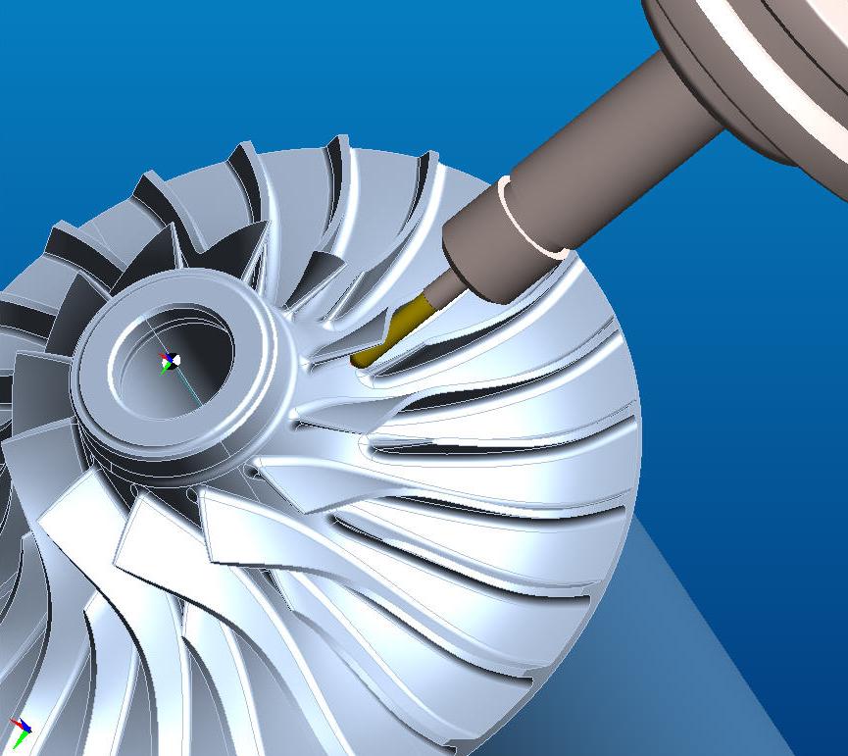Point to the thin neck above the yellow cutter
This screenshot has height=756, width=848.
click(x=446, y=288)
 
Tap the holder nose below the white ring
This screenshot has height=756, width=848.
click(x=485, y=257)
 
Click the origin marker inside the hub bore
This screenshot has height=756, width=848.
click(x=171, y=361)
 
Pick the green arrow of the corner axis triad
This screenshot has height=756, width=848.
click(x=17, y=740)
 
